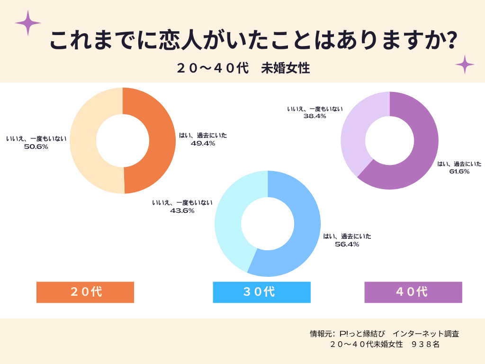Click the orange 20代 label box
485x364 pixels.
point(85,292)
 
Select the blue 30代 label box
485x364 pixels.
point(261,292)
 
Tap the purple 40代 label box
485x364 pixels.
point(413,292)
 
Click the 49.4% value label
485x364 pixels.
point(203,143)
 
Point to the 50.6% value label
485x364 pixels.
point(36,146)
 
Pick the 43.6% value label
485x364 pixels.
point(182,210)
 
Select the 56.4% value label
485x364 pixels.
point(347,244)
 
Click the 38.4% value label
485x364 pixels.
point(314,116)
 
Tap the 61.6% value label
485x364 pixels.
point(459,172)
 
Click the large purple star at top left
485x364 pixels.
point(28,22)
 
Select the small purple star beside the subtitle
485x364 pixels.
point(465,64)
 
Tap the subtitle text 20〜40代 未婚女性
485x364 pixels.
point(243,68)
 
